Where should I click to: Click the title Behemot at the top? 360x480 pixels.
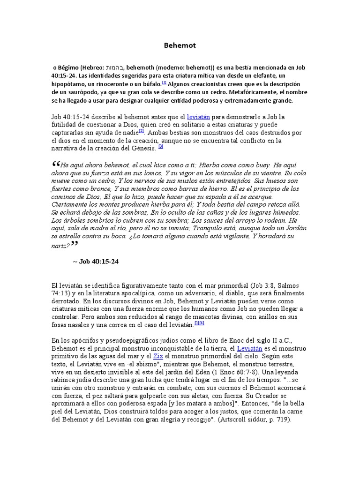(x=180, y=45)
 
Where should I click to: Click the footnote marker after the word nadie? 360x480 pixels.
(x=141, y=132)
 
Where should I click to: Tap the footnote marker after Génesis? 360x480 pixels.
(x=160, y=147)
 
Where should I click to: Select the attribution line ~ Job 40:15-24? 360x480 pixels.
(x=96, y=262)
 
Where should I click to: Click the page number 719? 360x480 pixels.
(x=281, y=420)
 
